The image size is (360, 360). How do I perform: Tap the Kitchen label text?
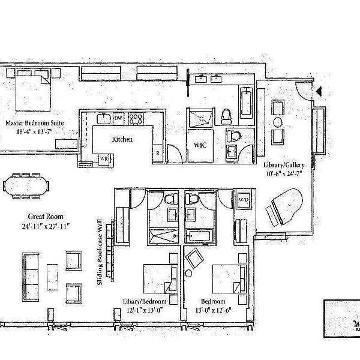122,139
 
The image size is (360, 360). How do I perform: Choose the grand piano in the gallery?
286,204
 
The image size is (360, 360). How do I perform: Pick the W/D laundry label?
244,199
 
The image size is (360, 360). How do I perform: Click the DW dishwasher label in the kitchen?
118,118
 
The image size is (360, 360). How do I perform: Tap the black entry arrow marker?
319,91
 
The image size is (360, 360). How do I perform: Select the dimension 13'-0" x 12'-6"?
214,309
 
